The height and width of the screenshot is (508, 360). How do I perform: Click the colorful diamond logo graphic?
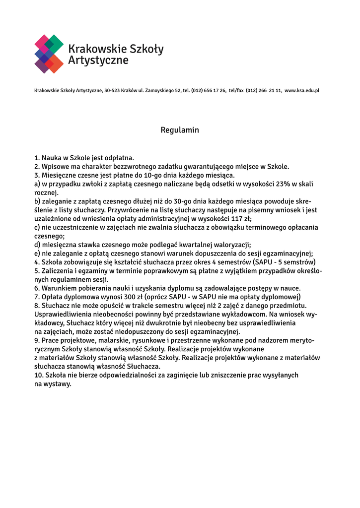pos(49,54)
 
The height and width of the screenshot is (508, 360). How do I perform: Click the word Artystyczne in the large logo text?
pos(98,61)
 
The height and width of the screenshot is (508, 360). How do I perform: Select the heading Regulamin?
pos(180,130)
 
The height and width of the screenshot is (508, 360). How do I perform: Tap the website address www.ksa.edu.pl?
pos(302,91)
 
